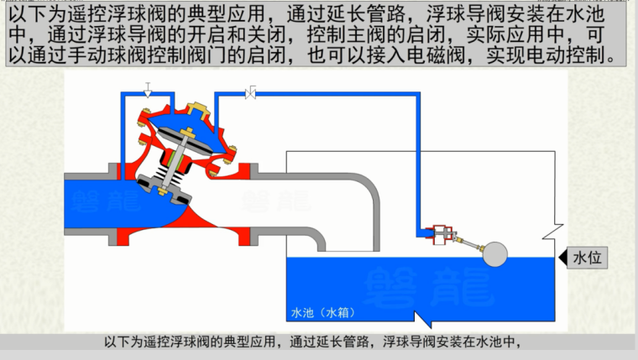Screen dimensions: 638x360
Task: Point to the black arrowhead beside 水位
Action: coord(560,258)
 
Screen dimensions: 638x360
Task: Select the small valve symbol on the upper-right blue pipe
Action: coord(250,92)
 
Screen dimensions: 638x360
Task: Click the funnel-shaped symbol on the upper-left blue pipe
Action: coord(148,91)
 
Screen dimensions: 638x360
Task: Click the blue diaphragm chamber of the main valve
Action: coord(184,133)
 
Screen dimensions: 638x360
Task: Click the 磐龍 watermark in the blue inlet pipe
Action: coord(97,201)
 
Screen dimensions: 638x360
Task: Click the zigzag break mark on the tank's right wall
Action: coord(552,227)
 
